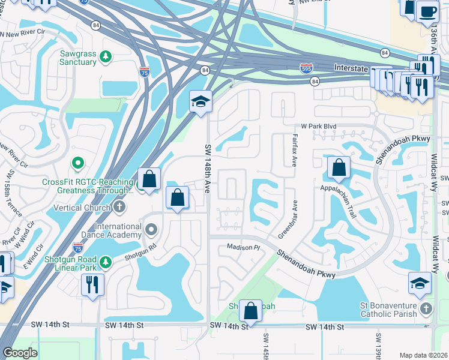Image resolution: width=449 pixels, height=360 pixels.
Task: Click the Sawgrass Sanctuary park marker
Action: pyautogui.click(x=106, y=56)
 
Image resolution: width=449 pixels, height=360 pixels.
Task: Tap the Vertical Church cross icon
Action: pyautogui.click(x=119, y=207)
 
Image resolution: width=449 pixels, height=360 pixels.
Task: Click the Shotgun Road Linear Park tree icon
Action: pyautogui.click(x=106, y=262)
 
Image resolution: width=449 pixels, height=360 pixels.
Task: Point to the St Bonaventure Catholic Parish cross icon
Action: pyautogui.click(x=426, y=309)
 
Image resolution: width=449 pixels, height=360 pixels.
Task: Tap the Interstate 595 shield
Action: pyautogui.click(x=306, y=68)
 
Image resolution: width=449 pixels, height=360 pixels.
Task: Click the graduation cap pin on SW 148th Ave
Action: pyautogui.click(x=201, y=101)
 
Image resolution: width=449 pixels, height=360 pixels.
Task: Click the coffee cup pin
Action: pyautogui.click(x=427, y=11)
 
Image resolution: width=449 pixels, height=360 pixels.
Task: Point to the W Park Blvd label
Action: pyautogui.click(x=319, y=127)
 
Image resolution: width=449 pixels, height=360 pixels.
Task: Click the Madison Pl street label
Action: pyautogui.click(x=243, y=247)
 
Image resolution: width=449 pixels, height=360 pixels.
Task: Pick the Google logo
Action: pyautogui.click(x=20, y=353)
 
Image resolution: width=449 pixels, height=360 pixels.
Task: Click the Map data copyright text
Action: pyautogui.click(x=423, y=355)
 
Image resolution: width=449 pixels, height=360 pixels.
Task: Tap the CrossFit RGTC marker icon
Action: pyautogui.click(x=77, y=163)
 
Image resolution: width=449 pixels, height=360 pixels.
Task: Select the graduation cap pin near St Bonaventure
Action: pyautogui.click(x=420, y=283)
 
